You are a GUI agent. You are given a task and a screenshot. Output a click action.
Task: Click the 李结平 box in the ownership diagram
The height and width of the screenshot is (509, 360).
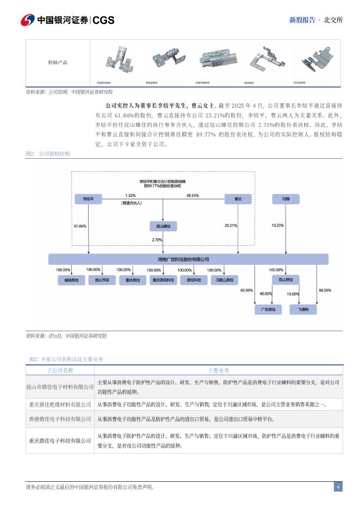point(89,200)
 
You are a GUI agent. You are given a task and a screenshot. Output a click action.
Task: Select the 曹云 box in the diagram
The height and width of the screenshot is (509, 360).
point(238,200)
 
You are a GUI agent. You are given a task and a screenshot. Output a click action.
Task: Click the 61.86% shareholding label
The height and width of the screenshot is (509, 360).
point(80,226)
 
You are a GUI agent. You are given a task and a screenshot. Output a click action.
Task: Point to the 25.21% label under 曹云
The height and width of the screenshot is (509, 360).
point(231,225)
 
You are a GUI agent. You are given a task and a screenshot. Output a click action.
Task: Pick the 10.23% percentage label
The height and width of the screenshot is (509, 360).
point(277,225)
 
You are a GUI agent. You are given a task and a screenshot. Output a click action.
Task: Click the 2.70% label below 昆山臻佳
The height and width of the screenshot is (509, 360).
point(157,240)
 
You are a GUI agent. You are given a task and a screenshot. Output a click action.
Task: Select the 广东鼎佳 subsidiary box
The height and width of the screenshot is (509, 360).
point(268,309)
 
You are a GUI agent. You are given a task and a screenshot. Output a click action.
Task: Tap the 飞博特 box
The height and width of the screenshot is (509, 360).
point(303,309)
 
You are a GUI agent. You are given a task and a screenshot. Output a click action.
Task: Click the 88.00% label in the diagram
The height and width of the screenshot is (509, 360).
point(325,290)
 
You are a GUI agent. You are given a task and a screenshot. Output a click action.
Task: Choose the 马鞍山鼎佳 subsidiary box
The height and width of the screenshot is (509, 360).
point(223,280)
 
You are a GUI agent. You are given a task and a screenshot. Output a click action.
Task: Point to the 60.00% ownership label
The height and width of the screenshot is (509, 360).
point(246,290)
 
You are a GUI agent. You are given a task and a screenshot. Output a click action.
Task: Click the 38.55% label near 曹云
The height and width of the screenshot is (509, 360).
point(193,195)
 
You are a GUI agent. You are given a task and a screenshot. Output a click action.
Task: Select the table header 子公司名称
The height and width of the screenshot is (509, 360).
point(60,370)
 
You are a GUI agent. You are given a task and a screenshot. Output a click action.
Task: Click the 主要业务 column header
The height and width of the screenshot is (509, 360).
point(219,370)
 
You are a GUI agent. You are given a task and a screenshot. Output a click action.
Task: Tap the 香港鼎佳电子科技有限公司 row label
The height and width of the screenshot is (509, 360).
point(60,419)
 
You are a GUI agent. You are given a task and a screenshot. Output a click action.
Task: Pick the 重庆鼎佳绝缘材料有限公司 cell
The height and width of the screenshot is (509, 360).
point(60,405)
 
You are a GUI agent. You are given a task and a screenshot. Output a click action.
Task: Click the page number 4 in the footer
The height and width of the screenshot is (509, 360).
point(338,487)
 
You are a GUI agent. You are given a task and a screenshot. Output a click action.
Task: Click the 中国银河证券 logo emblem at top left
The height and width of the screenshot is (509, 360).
point(28,20)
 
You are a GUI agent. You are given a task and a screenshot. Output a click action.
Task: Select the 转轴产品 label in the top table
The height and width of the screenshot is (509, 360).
point(58,63)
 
